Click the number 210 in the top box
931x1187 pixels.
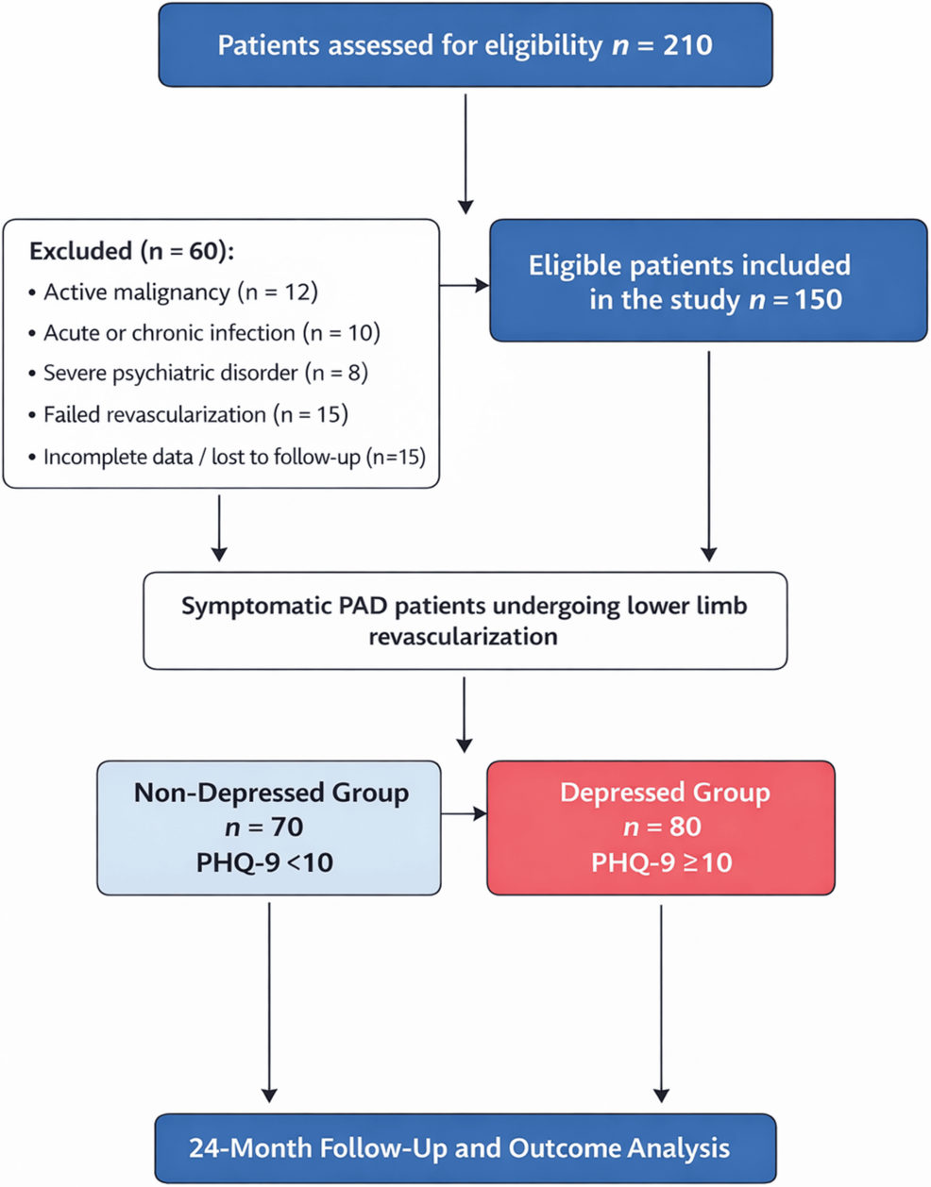pyautogui.click(x=686, y=45)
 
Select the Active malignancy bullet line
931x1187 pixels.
pyautogui.click(x=180, y=293)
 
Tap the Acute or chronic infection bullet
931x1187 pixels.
pyautogui.click(x=212, y=333)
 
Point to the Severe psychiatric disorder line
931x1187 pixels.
pyautogui.click(x=205, y=374)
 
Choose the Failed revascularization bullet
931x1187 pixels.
pyautogui.click(x=195, y=415)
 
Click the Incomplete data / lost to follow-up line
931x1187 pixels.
pyautogui.click(x=234, y=458)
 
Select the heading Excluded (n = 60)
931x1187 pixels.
pyautogui.click(x=131, y=251)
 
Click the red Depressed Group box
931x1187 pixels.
pyautogui.click(x=661, y=828)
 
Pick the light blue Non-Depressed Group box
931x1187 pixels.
pyautogui.click(x=269, y=828)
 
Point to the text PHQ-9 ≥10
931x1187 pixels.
pyautogui.click(x=661, y=862)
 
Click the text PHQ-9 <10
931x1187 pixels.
pyautogui.click(x=264, y=862)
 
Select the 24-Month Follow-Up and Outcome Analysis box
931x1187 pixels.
pyautogui.click(x=465, y=1148)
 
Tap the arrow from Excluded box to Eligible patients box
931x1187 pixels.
pyautogui.click(x=465, y=285)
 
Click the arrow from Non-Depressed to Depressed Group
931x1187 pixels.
pyautogui.click(x=464, y=812)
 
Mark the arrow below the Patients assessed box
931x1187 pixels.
pyautogui.click(x=465, y=151)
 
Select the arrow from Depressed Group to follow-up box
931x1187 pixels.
pyautogui.click(x=661, y=1000)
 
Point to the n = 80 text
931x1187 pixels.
pyautogui.click(x=661, y=828)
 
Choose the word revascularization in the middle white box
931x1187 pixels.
pyautogui.click(x=463, y=637)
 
